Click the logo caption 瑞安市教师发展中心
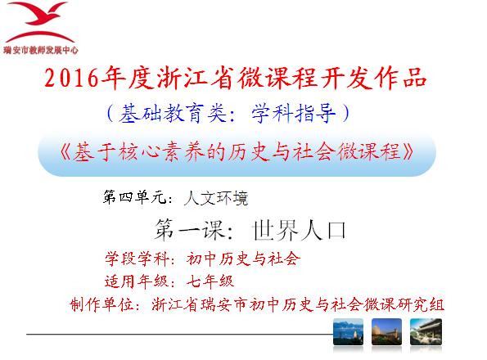click(x=41, y=50)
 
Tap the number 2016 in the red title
click(x=72, y=78)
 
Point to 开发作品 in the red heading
click(x=373, y=78)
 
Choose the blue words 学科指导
click(x=293, y=113)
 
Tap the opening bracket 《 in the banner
click(x=65, y=151)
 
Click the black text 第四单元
click(x=134, y=197)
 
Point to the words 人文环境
click(x=216, y=198)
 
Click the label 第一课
click(x=189, y=230)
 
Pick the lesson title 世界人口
click(x=299, y=230)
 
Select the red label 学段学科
click(x=137, y=259)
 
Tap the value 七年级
click(x=210, y=281)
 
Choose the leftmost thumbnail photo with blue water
click(x=348, y=331)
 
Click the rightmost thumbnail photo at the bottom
click(x=426, y=331)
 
